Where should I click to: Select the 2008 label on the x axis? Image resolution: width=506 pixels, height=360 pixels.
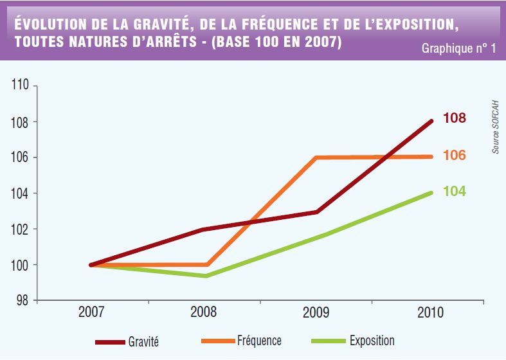pyautogui.click(x=204, y=313)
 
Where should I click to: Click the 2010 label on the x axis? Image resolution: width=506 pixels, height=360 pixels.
pyautogui.click(x=430, y=313)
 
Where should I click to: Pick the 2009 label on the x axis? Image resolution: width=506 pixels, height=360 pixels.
pyautogui.click(x=316, y=313)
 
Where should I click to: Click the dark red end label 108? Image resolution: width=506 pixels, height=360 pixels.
pyautogui.click(x=454, y=119)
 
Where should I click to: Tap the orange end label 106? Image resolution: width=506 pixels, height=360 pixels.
pyautogui.click(x=454, y=156)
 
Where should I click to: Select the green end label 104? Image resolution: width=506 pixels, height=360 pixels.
pyautogui.click(x=454, y=192)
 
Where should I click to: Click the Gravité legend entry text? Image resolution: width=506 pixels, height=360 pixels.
pyautogui.click(x=144, y=342)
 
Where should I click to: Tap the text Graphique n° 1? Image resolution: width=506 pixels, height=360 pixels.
pyautogui.click(x=458, y=49)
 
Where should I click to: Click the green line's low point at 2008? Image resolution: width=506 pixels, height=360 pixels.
pyautogui.click(x=205, y=276)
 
